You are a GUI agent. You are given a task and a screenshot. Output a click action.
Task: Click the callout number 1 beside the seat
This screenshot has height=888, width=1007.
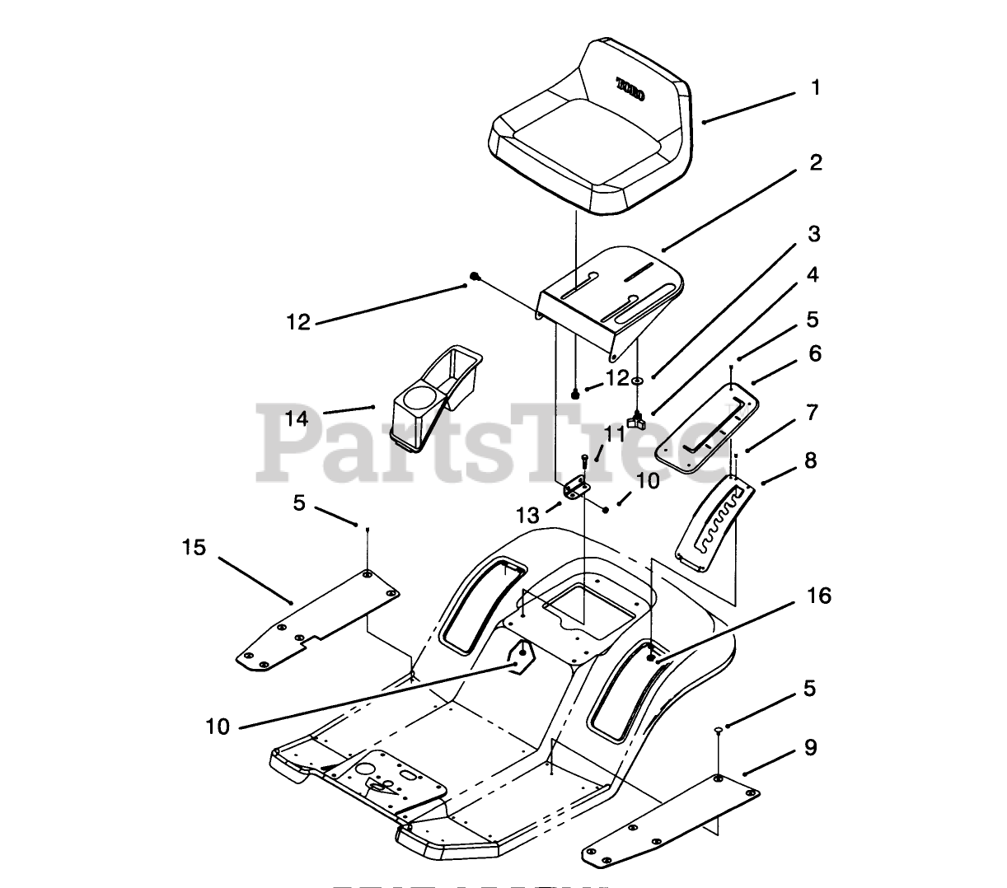(815, 87)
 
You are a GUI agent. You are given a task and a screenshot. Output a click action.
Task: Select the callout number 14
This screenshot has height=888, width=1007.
(297, 418)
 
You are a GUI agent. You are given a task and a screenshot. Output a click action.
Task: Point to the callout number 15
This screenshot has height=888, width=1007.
(194, 548)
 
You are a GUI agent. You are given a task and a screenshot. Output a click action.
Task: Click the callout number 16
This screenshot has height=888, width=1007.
(819, 596)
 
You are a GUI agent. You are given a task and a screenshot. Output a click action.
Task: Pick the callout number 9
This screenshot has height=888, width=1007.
(811, 747)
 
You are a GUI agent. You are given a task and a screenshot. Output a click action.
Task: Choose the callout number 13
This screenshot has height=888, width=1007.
(527, 516)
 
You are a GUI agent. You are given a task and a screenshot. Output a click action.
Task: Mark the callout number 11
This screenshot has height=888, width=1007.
(614, 433)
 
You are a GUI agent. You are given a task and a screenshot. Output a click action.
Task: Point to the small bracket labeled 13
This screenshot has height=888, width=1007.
(575, 488)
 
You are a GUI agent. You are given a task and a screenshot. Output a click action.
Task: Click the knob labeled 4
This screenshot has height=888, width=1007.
(635, 422)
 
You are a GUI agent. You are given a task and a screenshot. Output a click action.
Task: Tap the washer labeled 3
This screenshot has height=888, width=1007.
(637, 381)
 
